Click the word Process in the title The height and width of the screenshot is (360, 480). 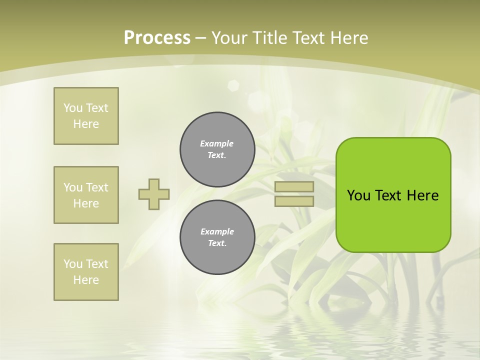point(157,38)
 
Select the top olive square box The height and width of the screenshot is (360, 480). point(86,116)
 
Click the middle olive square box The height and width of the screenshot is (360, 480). point(86,195)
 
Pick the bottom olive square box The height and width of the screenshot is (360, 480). point(86,272)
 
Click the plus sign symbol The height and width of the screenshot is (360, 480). point(154,194)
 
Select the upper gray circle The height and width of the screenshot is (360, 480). point(217,149)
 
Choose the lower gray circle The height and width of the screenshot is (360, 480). point(217,237)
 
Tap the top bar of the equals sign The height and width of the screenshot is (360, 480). point(294,186)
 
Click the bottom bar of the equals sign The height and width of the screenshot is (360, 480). point(294,201)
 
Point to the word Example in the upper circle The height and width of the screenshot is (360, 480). point(216,143)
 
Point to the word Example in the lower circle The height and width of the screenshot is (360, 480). point(216,231)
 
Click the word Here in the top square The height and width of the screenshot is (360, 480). point(86,124)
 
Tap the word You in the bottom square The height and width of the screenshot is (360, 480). point(73,264)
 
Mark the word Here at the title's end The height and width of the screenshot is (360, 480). point(348,38)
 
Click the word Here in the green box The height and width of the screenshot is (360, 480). point(422,195)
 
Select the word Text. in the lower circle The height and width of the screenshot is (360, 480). point(217,243)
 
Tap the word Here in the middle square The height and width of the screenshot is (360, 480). point(86,203)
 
